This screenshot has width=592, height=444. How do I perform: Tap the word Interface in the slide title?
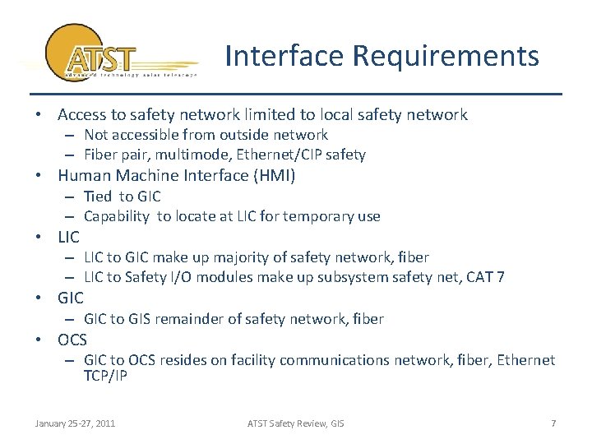[x=284, y=56]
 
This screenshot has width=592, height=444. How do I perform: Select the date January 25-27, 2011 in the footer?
[x=75, y=423]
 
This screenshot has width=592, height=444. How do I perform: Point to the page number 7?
[x=553, y=423]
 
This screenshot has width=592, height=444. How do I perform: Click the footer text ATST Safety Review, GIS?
[x=296, y=423]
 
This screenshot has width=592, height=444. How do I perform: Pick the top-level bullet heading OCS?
[x=72, y=340]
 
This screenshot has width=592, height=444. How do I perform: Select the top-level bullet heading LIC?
[x=69, y=237]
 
